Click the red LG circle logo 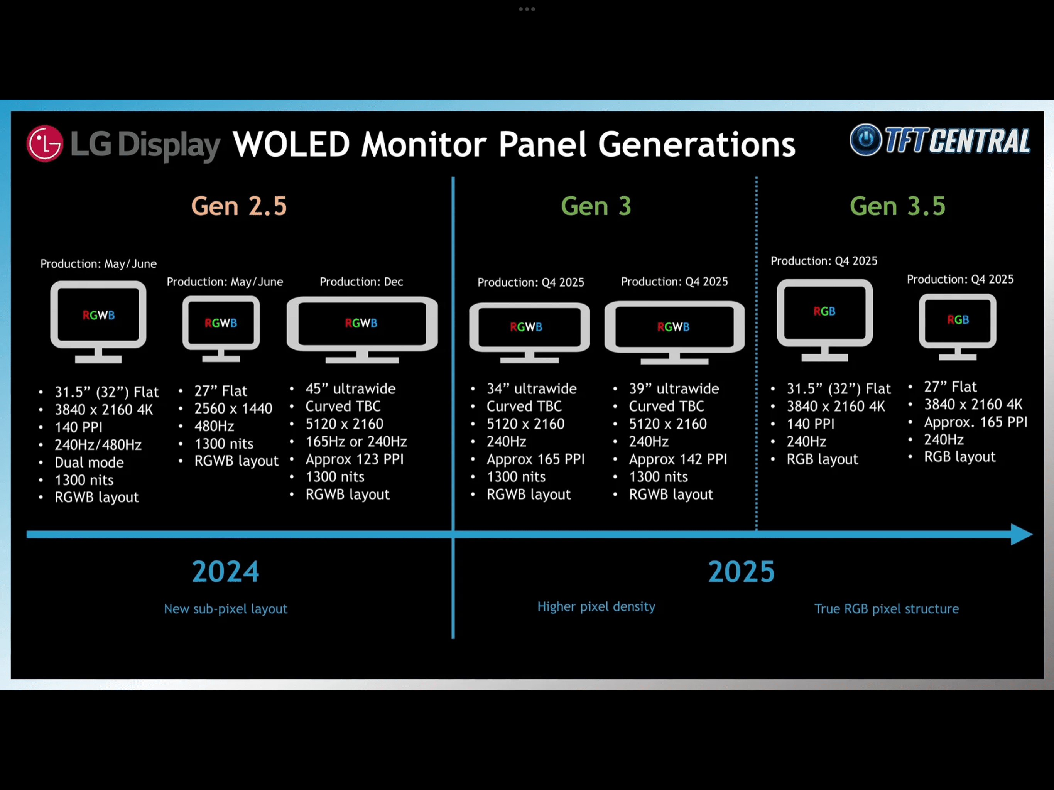pos(45,143)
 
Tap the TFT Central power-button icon pos(866,140)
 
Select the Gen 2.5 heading pos(239,206)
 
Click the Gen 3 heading pos(596,206)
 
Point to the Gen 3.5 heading pos(898,206)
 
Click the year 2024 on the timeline pos(225,571)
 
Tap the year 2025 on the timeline pos(742,571)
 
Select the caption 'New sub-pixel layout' pos(226,609)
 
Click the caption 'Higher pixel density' pos(596,606)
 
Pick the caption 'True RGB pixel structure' pos(887,609)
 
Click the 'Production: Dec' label pos(361,282)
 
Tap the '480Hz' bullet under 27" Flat pos(214,426)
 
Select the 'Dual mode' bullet pos(89,462)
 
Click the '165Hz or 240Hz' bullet pos(356,442)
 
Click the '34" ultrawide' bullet pos(532,389)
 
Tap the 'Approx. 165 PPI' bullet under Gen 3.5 pos(976,422)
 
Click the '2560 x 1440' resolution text pos(233,409)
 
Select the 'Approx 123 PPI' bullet pos(355,459)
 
